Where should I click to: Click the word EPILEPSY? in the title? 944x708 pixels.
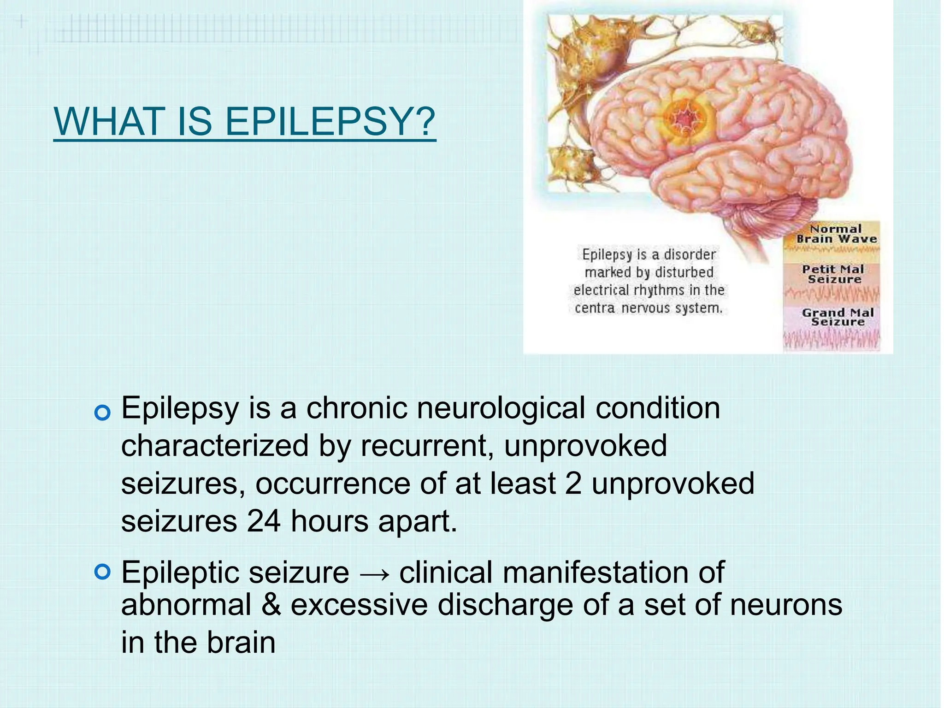[x=330, y=121]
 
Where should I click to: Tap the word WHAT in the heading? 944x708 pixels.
[x=110, y=121]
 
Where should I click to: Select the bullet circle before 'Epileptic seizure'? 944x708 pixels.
[x=102, y=572]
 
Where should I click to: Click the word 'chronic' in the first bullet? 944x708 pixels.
[x=357, y=408]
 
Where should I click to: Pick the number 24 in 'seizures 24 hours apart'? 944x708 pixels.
[x=264, y=521]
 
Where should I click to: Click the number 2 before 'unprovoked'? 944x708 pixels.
[x=573, y=484]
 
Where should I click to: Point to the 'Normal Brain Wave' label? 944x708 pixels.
[x=836, y=234]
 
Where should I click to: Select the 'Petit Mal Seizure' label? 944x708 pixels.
[x=833, y=274]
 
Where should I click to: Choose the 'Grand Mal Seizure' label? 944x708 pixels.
[x=838, y=317]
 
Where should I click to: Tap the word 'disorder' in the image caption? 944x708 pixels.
[x=690, y=254]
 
